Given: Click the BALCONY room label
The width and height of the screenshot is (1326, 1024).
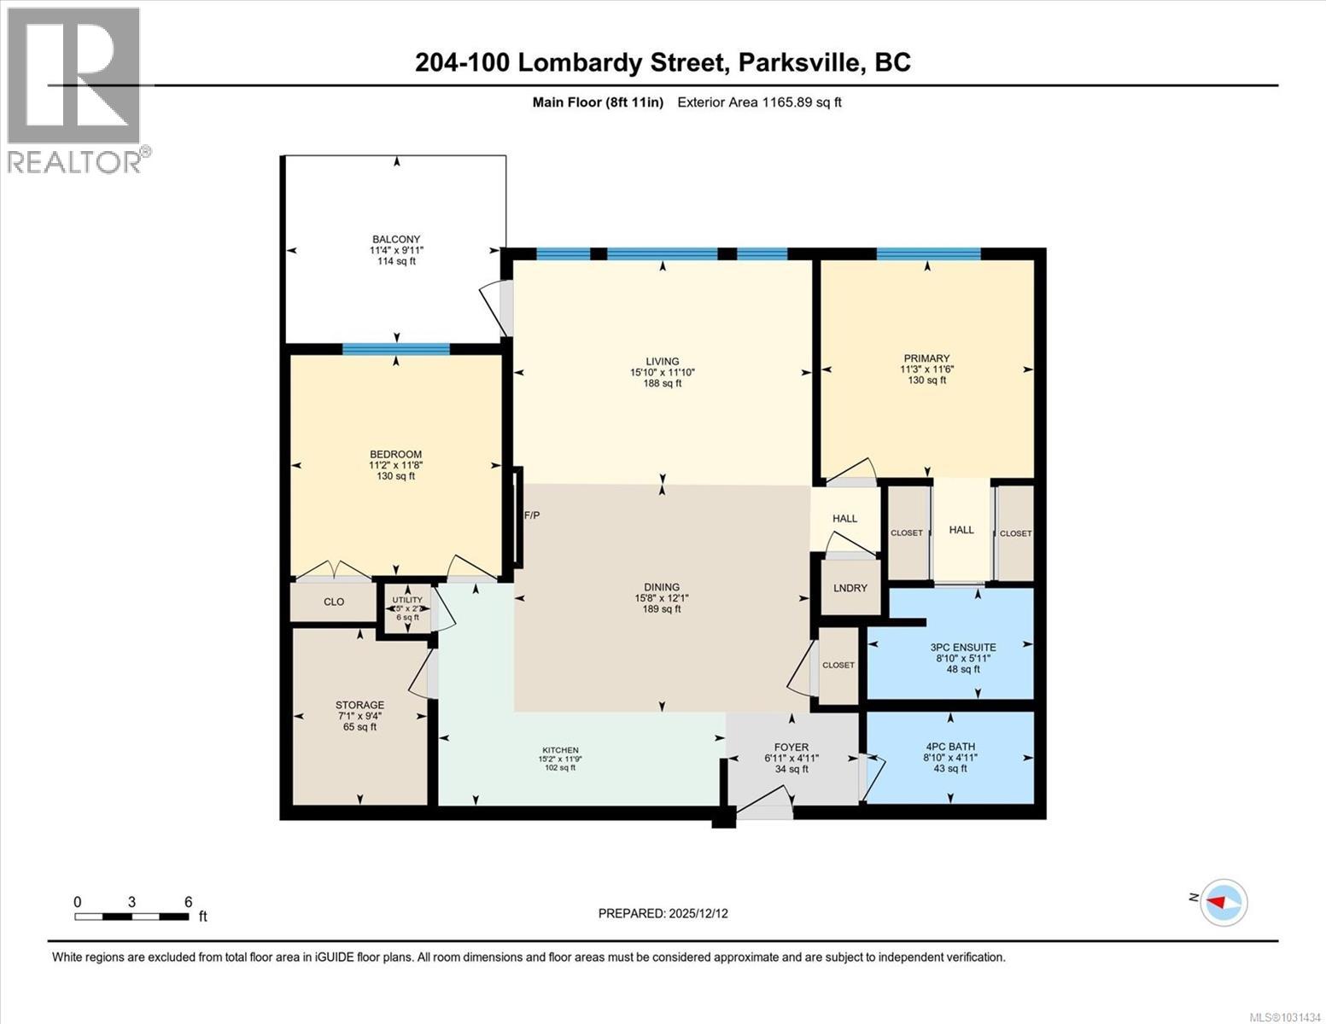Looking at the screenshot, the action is click(397, 239).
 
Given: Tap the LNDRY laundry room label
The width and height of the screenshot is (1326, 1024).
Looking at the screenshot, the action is click(850, 588).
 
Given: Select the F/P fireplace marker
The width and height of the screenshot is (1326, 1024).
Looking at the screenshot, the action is click(531, 515).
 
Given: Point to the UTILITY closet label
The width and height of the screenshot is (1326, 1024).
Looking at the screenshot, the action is click(407, 600).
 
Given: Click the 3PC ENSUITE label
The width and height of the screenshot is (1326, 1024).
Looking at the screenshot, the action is click(963, 647).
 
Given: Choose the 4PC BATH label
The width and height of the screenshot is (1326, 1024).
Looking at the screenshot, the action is click(950, 747).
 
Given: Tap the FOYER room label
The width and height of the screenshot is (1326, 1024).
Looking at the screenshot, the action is click(792, 748).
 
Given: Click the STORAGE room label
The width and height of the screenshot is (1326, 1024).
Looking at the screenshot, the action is click(359, 705).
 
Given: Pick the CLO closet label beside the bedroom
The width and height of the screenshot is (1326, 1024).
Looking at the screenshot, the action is click(334, 602).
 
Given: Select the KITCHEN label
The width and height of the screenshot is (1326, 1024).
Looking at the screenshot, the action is click(560, 750).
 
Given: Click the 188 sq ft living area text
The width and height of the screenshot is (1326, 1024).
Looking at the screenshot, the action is click(662, 383).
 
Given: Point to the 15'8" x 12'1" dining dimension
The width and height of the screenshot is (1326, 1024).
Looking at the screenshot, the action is click(662, 598).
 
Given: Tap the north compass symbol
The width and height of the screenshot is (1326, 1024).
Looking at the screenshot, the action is click(1224, 903).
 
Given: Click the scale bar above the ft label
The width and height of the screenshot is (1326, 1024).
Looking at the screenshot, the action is click(131, 916).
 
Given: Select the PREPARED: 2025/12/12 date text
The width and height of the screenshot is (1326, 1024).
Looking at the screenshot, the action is click(663, 914).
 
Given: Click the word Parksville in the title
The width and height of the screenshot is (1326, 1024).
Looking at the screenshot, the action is click(801, 62).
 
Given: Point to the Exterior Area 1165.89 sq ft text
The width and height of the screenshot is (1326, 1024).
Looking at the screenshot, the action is click(759, 102).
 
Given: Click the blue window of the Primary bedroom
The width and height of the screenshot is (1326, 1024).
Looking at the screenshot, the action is click(928, 253).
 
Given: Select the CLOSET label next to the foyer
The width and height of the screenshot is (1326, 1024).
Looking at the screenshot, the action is click(838, 665).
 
